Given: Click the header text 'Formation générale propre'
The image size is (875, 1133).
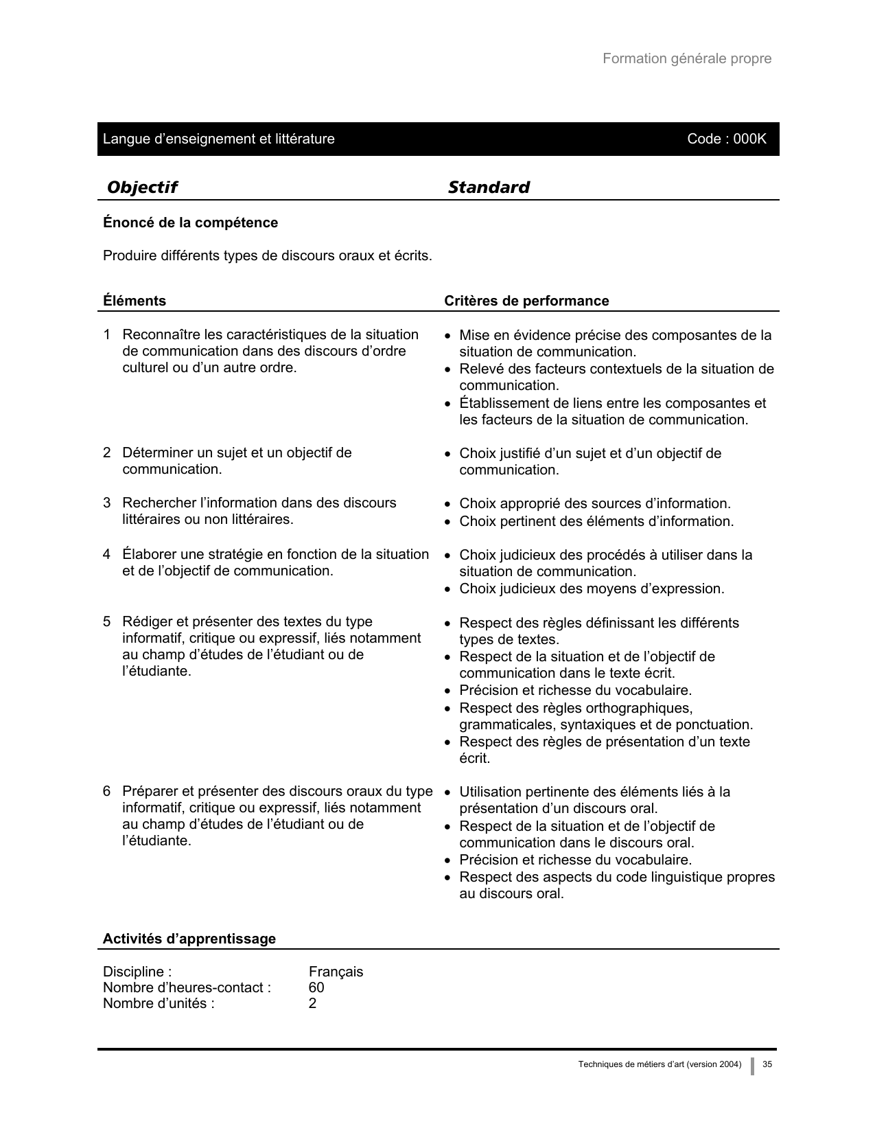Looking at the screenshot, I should [x=686, y=58].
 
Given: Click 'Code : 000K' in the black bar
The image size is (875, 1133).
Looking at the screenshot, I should [x=726, y=139].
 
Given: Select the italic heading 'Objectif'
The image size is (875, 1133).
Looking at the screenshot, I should [x=142, y=187].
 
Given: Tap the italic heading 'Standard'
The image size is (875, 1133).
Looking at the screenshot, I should [x=489, y=187].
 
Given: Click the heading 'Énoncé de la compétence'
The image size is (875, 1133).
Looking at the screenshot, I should [x=190, y=222].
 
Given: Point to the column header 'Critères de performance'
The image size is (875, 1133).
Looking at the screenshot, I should [x=526, y=301].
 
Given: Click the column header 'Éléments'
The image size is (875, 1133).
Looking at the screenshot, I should [x=135, y=301].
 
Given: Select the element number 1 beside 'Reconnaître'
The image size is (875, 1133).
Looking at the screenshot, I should [x=107, y=334].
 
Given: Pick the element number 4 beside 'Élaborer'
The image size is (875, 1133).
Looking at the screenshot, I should [x=107, y=554].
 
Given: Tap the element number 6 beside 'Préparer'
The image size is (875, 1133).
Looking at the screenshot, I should [x=107, y=791].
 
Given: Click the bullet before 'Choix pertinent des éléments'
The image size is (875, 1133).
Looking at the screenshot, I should [x=447, y=522].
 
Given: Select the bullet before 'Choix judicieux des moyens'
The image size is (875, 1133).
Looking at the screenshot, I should [x=447, y=589].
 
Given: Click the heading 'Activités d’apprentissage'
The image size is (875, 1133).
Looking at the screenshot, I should [x=189, y=939].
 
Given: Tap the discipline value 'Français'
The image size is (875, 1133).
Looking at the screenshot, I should [x=336, y=972].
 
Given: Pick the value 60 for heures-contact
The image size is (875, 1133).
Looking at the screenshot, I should [x=316, y=987].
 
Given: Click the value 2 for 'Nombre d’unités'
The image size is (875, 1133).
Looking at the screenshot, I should [x=313, y=1003].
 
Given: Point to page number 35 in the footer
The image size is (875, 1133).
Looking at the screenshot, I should [x=767, y=1064].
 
